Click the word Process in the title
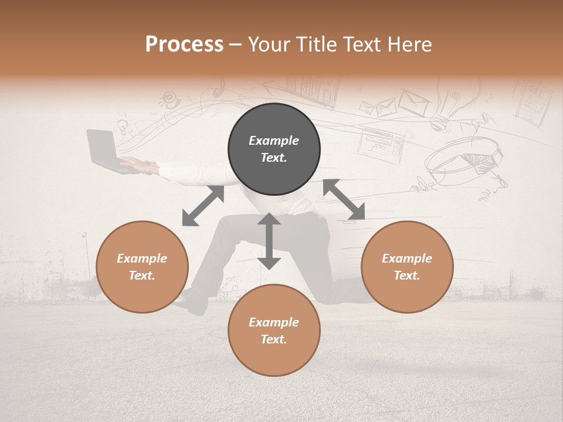(184, 45)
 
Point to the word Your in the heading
(269, 45)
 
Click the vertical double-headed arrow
(269, 241)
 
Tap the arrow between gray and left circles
(203, 206)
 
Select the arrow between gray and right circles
(344, 199)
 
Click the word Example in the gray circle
(274, 141)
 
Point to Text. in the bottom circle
(274, 339)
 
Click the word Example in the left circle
(142, 258)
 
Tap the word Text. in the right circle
(407, 275)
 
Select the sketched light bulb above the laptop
(122, 125)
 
